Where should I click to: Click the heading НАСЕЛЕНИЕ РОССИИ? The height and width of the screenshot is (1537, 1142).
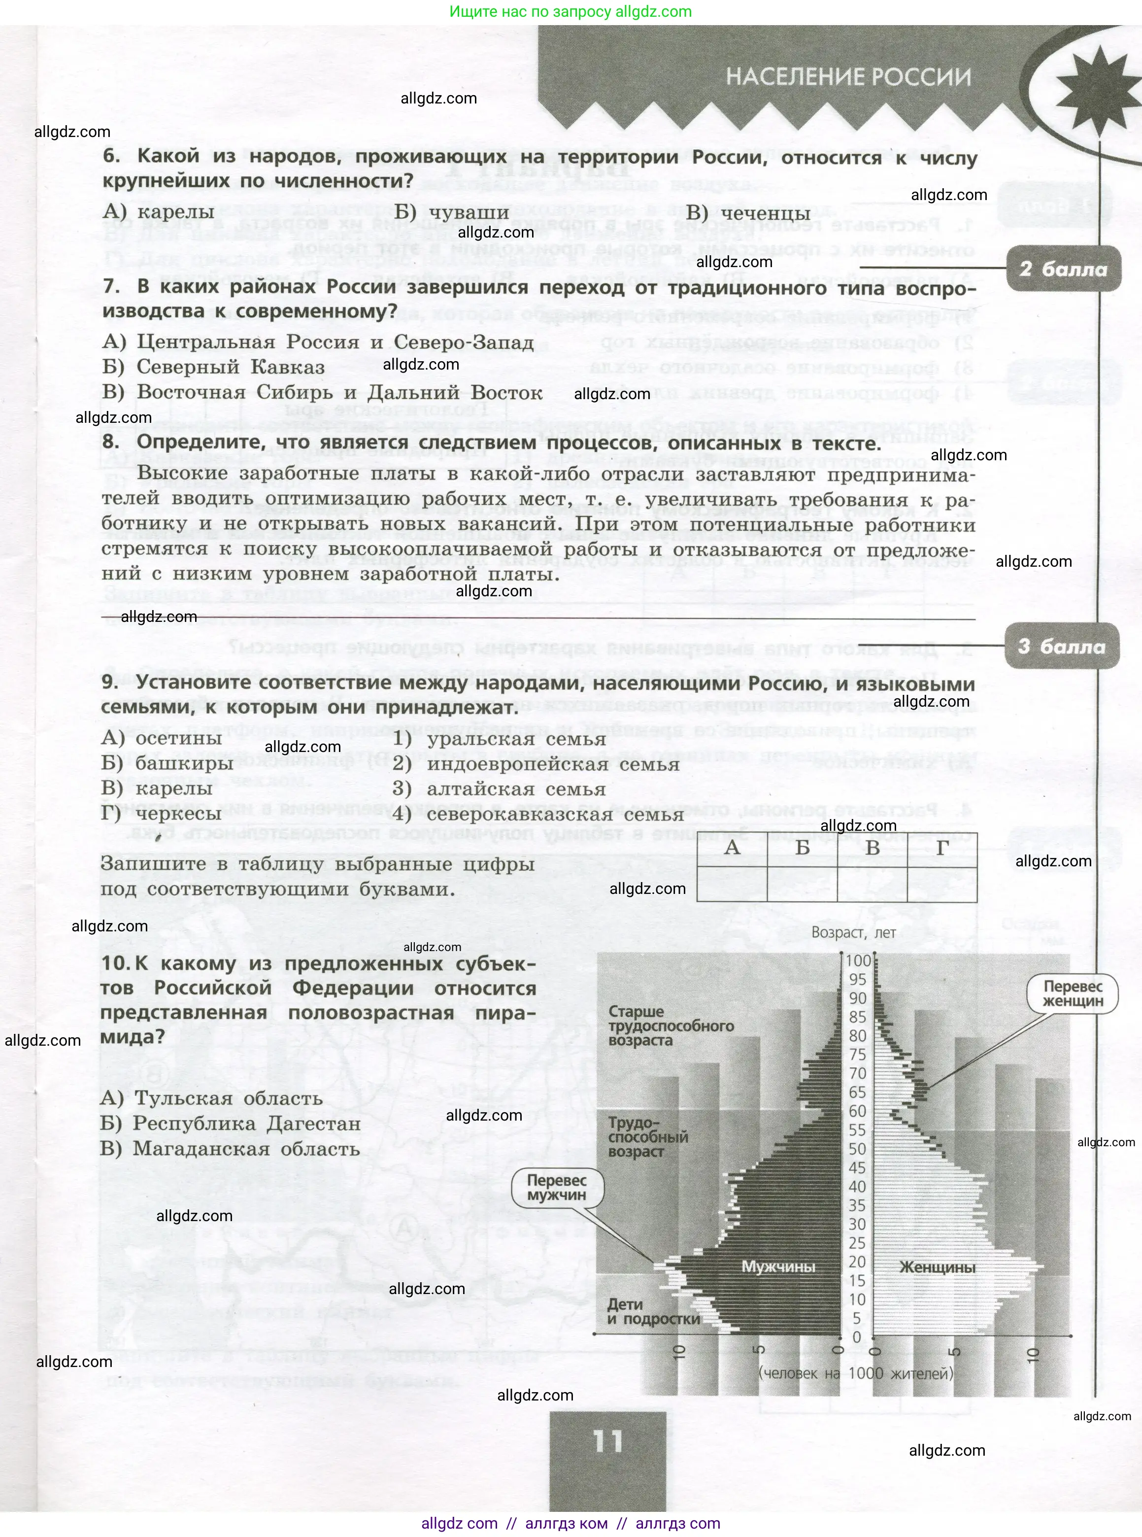pyautogui.click(x=848, y=77)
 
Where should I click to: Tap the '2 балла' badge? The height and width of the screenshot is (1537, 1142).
pyautogui.click(x=1063, y=269)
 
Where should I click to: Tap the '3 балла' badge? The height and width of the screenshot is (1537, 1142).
pyautogui.click(x=1061, y=647)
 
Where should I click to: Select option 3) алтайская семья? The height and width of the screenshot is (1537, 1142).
pyautogui.click(x=499, y=789)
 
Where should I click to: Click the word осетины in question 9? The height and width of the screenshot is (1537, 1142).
pyautogui.click(x=178, y=738)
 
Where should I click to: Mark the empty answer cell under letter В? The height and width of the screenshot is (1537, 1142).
pyautogui.click(x=873, y=884)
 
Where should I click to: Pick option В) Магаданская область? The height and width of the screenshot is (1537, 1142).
pyautogui.click(x=230, y=1148)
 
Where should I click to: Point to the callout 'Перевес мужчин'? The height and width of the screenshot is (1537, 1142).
pyautogui.click(x=557, y=1187)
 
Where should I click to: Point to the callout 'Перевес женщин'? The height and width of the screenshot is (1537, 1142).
pyautogui.click(x=1073, y=993)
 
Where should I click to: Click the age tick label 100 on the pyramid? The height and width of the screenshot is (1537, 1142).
pyautogui.click(x=859, y=960)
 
